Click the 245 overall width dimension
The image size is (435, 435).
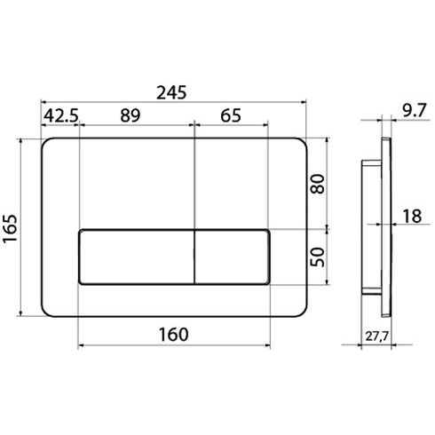(x=171, y=92)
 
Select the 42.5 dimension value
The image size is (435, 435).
(x=61, y=115)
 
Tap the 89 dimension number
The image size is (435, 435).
(x=130, y=115)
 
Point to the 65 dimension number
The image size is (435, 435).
(x=231, y=115)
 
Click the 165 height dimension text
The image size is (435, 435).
(x=10, y=228)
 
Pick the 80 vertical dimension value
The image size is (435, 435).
(x=318, y=184)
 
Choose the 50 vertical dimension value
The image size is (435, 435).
(x=318, y=257)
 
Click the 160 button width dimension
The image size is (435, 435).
(x=174, y=335)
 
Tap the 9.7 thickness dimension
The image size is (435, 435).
(x=415, y=111)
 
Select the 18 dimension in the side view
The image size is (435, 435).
(x=412, y=216)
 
